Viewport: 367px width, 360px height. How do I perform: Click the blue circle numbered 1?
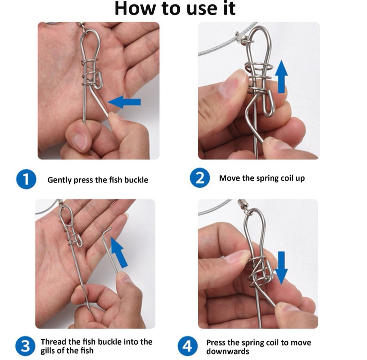26,179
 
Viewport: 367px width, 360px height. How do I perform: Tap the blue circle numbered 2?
200,178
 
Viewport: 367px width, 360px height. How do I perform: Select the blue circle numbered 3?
25,346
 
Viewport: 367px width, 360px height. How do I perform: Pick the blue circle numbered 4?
188,346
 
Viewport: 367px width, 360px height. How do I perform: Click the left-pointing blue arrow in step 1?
124,102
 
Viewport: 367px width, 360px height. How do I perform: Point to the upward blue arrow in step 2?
281,77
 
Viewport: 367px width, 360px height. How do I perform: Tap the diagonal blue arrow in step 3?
119,253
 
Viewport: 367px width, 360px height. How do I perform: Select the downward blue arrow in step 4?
281,268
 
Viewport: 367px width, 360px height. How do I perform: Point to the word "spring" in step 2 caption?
267,178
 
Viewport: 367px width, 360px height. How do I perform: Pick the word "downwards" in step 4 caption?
227,351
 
